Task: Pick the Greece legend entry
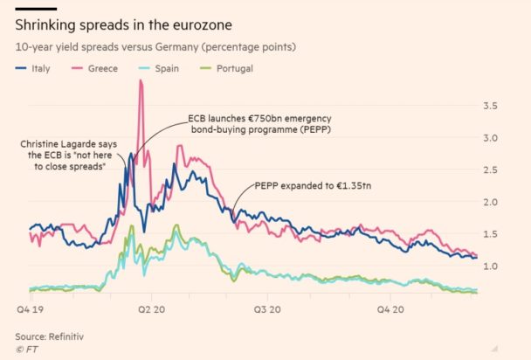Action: tap(103, 67)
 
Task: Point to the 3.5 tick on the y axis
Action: tap(491, 107)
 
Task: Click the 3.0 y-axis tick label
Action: tap(491, 138)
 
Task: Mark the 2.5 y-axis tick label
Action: tap(491, 170)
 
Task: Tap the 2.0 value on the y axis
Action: tap(491, 202)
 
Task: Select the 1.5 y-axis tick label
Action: tap(491, 234)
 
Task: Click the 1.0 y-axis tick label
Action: tap(491, 266)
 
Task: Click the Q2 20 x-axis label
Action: tap(153, 308)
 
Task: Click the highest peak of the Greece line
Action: tap(141, 80)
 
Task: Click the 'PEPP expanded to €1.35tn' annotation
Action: tap(312, 186)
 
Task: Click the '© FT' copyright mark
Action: tap(28, 350)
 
